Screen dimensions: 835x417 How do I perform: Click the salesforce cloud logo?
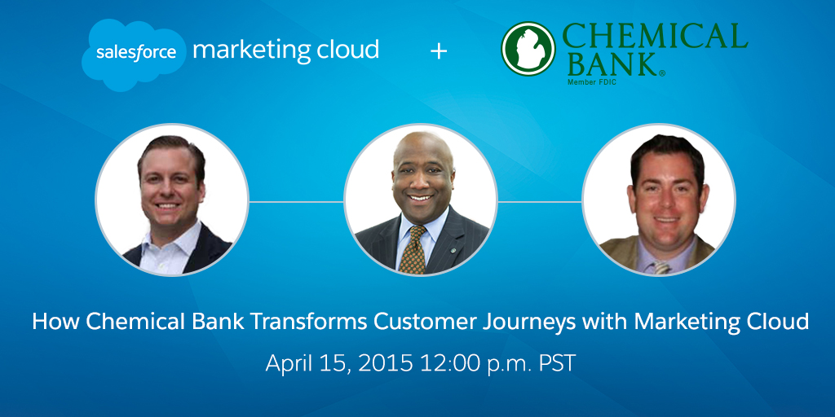pos(134,55)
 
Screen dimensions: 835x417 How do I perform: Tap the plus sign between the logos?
pos(438,51)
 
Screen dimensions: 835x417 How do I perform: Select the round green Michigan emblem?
pos(528,48)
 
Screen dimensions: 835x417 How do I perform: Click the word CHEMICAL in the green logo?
pos(655,37)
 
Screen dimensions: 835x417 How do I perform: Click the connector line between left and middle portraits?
pos(297,202)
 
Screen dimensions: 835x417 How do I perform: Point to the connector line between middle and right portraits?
pos(540,202)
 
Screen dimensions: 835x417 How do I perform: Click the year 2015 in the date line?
pos(385,363)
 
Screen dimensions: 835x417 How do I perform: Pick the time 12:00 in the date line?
pos(447,363)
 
